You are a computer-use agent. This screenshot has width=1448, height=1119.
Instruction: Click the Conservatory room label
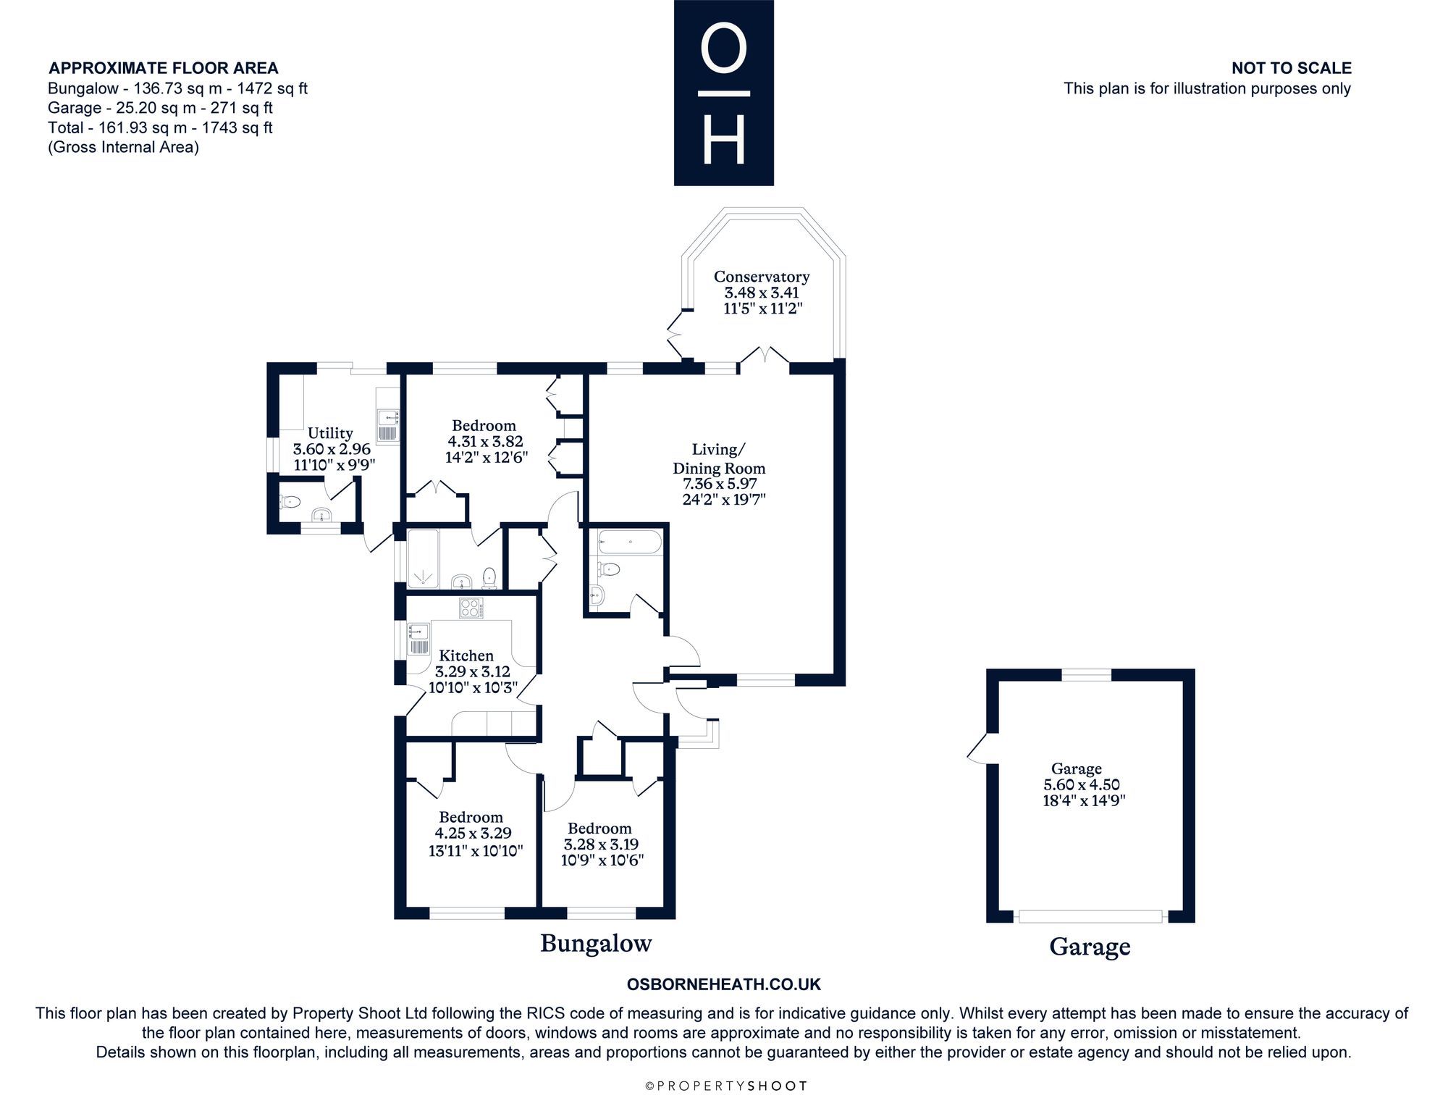click(762, 277)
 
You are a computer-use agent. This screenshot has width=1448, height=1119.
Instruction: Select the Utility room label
click(330, 433)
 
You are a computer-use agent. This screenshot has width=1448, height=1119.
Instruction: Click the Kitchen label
click(466, 655)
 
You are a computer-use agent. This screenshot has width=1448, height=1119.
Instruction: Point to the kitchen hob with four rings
click(471, 608)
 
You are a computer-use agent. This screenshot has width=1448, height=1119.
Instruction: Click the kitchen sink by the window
click(419, 639)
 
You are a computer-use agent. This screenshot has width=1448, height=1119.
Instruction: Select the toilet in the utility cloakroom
click(290, 501)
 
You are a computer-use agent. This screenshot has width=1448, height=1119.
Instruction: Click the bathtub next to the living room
click(629, 542)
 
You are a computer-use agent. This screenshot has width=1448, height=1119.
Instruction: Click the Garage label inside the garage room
click(1077, 768)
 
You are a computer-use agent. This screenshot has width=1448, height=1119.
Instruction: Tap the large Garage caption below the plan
click(1090, 947)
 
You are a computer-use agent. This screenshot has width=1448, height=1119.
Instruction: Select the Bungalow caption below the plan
click(596, 943)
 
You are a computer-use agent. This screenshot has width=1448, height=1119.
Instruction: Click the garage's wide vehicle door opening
click(1090, 916)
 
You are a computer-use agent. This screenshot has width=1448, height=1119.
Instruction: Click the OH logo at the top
click(724, 93)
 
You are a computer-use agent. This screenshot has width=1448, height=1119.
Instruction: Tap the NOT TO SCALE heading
click(1292, 68)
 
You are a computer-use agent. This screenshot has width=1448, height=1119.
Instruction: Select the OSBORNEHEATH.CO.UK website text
click(723, 984)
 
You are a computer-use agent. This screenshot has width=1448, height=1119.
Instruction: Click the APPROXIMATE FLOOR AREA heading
click(164, 68)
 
